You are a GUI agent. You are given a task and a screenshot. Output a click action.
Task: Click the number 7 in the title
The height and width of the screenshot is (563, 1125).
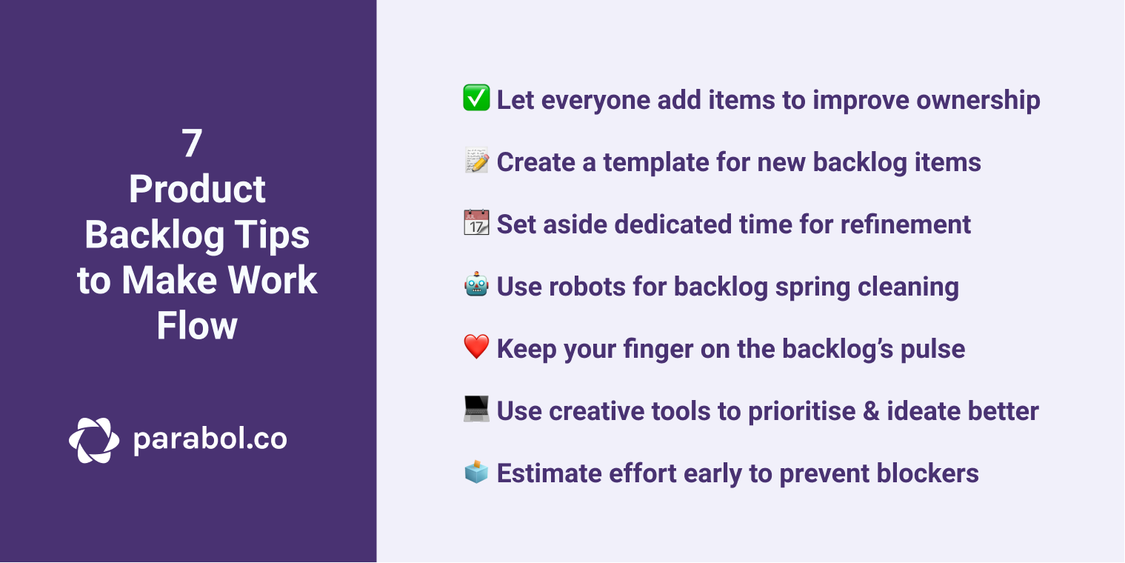click(x=193, y=144)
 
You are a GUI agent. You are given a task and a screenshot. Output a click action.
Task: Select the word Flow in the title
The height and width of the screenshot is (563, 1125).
click(x=197, y=325)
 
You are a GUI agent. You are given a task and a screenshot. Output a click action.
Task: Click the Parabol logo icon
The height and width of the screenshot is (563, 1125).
click(x=94, y=440)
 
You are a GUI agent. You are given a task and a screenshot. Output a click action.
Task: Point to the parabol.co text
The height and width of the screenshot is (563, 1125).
click(x=210, y=439)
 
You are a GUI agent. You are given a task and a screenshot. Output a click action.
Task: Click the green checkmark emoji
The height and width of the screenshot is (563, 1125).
click(x=476, y=99)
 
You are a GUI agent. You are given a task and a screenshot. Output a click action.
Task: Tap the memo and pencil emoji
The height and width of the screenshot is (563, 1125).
click(x=476, y=161)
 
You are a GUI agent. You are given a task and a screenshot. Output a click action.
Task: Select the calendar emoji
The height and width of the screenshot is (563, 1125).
click(x=476, y=223)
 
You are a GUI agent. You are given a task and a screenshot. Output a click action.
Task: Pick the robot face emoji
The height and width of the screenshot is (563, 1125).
click(x=476, y=285)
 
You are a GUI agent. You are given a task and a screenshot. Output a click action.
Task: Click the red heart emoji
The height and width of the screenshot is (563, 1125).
click(x=476, y=347)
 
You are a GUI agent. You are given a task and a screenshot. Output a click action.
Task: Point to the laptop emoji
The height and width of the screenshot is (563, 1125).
click(x=476, y=409)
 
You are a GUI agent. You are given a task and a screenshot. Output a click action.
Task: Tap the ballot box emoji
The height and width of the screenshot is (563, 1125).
click(x=476, y=471)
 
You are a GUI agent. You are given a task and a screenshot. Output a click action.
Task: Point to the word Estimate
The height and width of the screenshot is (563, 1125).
click(x=549, y=473)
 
